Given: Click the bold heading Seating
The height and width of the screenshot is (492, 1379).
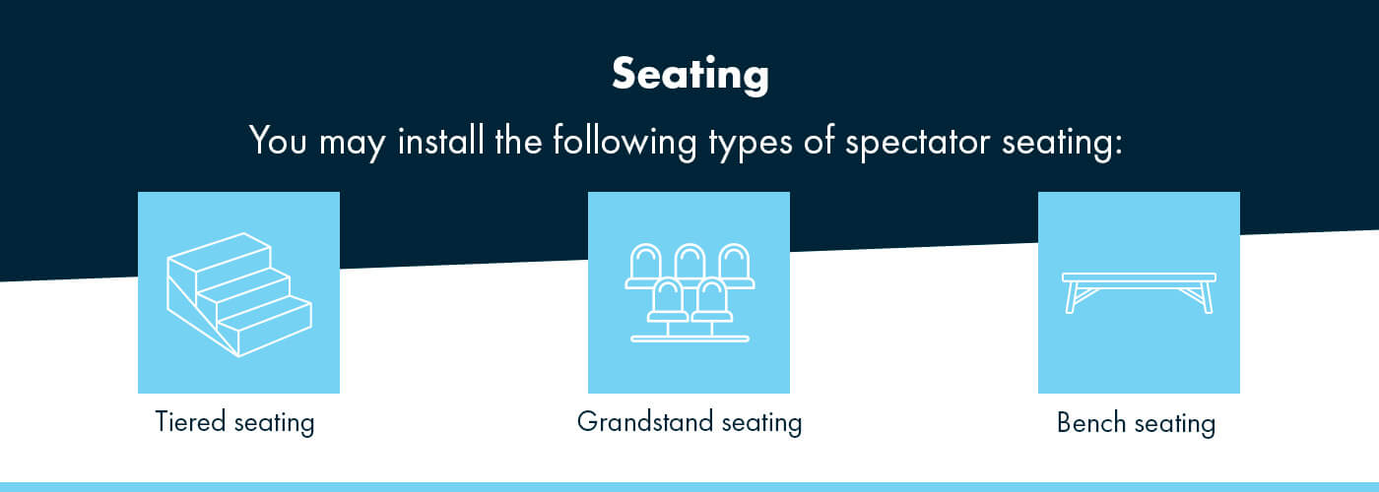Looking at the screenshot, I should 689,75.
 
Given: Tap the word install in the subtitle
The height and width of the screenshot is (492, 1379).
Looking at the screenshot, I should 435,141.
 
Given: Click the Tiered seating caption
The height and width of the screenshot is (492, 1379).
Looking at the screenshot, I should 234,423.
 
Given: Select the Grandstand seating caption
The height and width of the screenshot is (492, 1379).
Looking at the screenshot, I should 689,423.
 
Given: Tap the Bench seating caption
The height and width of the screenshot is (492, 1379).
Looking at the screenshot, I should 1136,424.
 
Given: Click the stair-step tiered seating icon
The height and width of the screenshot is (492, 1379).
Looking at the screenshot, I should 238,293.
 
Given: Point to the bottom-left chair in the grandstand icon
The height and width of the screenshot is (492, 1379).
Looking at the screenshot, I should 668,298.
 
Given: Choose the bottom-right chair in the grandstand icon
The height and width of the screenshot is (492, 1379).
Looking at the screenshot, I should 712,298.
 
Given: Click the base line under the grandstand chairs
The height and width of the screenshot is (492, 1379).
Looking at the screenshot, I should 689,339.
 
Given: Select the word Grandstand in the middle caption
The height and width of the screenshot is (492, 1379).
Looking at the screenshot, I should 645,423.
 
